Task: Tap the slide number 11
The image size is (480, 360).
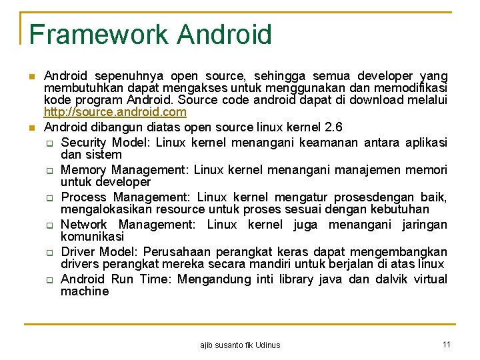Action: click(x=447, y=344)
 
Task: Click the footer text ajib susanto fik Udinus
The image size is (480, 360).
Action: click(x=240, y=345)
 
